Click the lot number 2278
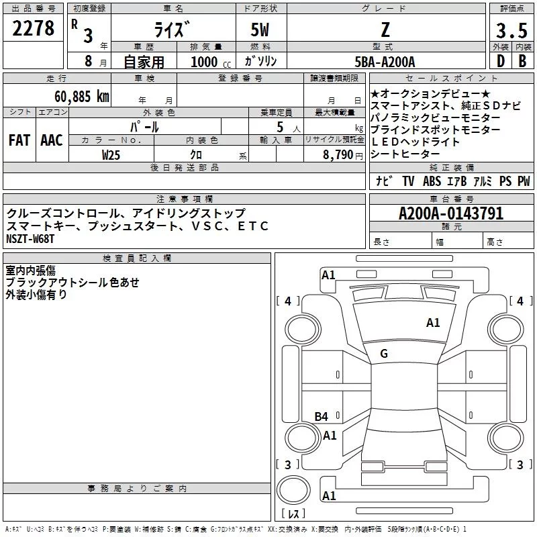pyautogui.click(x=34, y=29)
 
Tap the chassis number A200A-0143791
pyautogui.click(x=450, y=213)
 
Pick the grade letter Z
pyautogui.click(x=384, y=30)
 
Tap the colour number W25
pyautogui.click(x=111, y=155)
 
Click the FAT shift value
pyautogui.click(x=19, y=140)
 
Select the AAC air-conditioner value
pyautogui.click(x=51, y=140)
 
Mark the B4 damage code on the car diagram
pyautogui.click(x=322, y=417)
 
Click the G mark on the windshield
pyautogui.click(x=384, y=353)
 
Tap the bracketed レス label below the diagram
pyautogui.click(x=293, y=515)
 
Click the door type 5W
pyautogui.click(x=261, y=30)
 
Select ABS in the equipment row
pyautogui.click(x=432, y=181)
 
